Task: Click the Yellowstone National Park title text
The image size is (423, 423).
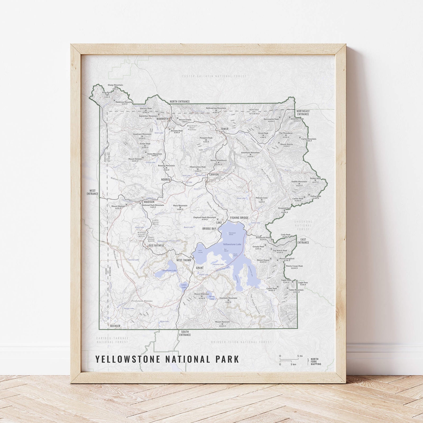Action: [167, 359]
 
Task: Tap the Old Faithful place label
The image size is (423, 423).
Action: [156, 245]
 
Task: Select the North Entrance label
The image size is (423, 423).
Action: [180, 102]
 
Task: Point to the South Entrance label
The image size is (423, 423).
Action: [185, 333]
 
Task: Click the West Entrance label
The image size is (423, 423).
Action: [93, 192]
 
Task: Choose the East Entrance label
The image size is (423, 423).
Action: [303, 241]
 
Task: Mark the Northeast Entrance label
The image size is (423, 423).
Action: [303, 112]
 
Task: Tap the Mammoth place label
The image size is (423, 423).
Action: [162, 119]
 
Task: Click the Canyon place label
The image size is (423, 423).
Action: [214, 175]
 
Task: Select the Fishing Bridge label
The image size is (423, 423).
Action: [239, 218]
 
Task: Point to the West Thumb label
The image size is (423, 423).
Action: [183, 260]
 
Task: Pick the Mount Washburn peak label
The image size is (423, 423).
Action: [218, 161]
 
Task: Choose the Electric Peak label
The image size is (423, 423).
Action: [146, 108]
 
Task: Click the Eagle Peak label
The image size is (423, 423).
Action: [286, 280]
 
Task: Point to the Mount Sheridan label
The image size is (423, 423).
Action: [202, 294]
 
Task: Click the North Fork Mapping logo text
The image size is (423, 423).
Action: [316, 361]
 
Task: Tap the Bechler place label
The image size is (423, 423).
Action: [115, 326]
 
